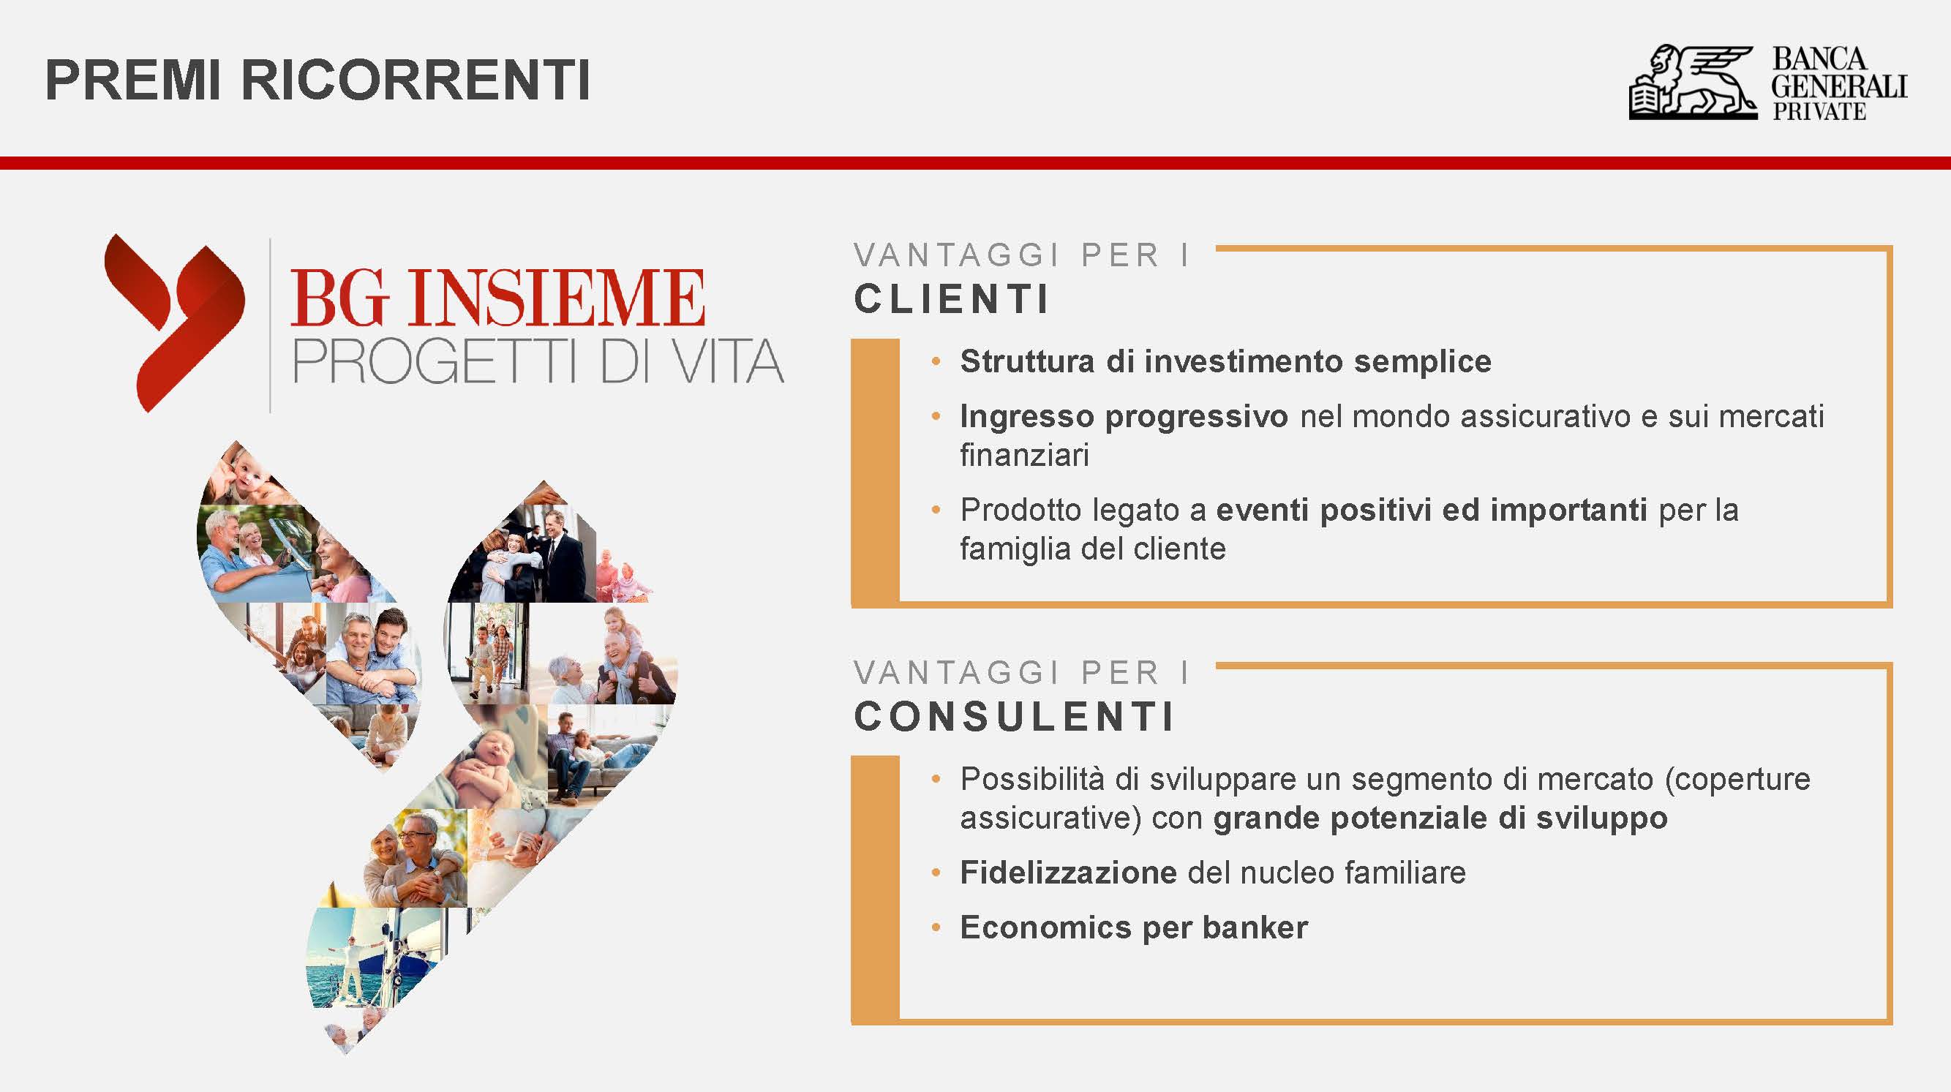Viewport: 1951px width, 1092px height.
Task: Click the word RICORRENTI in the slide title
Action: coord(416,80)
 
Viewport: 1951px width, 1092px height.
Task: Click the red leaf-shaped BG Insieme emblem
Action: coord(175,323)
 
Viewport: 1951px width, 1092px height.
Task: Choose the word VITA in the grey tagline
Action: coord(728,361)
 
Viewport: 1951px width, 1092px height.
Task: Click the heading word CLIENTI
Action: coord(951,298)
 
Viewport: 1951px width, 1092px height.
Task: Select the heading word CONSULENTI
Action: coord(1014,715)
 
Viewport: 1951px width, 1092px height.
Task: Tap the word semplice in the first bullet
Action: coord(1422,361)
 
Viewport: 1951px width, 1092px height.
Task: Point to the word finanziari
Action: coord(1024,455)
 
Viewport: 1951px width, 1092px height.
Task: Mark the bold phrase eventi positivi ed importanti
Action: coord(1432,511)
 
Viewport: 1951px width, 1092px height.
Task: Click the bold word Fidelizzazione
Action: coord(1068,873)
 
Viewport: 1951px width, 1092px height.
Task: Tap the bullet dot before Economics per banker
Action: coord(936,927)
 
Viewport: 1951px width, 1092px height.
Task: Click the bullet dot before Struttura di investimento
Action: coord(936,361)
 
